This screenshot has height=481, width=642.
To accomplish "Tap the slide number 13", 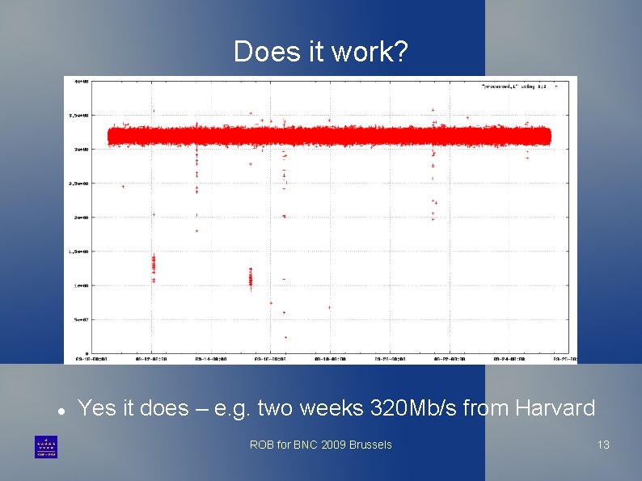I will [x=602, y=445].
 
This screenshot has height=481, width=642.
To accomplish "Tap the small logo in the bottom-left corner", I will [x=46, y=447].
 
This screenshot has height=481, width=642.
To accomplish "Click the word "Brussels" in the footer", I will [x=370, y=445].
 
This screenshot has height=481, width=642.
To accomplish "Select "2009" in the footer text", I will [x=332, y=445].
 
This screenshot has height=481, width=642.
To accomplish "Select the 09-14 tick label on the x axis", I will [x=211, y=358].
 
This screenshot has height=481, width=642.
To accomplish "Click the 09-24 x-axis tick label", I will [x=508, y=358].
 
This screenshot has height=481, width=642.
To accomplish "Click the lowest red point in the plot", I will [x=285, y=337].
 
